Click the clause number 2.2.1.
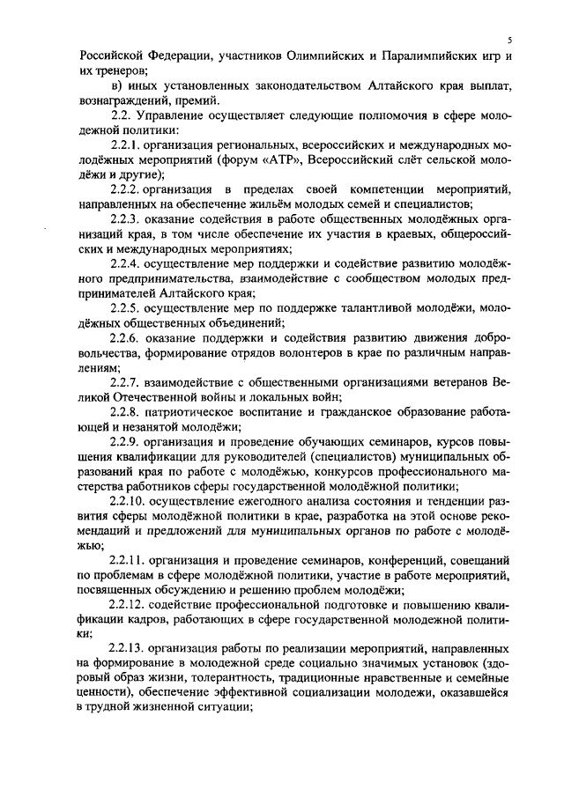tap(127, 146)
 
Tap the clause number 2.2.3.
tap(127, 218)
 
